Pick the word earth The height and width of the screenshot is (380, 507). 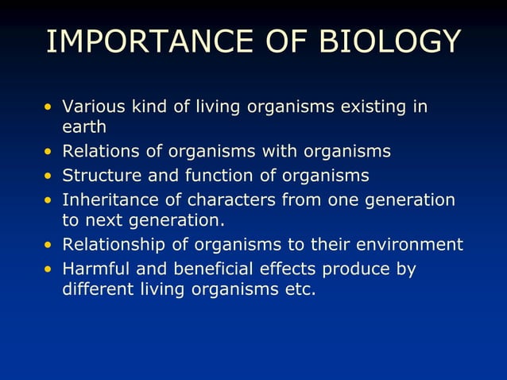pyautogui.click(x=83, y=126)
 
